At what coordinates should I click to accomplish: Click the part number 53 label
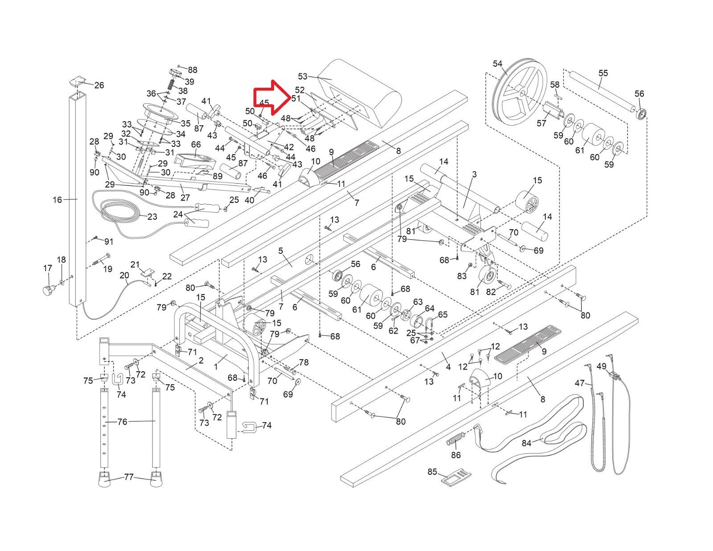pos(303,77)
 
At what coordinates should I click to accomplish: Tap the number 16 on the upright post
pos(57,200)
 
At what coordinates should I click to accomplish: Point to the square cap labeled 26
pos(77,81)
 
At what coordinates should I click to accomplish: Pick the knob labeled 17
pos(48,290)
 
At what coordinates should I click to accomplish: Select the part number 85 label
pos(432,472)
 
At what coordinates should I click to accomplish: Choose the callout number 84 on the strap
pos(527,444)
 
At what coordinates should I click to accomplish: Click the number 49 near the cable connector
pos(602,366)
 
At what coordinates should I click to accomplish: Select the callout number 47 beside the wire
pos(580,383)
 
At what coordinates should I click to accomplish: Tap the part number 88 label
pos(193,70)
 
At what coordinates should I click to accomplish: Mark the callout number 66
pos(196,144)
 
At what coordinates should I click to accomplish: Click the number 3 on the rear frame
pos(474,174)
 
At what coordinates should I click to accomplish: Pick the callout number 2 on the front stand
pos(201,360)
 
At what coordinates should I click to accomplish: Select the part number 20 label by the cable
pos(124,275)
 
